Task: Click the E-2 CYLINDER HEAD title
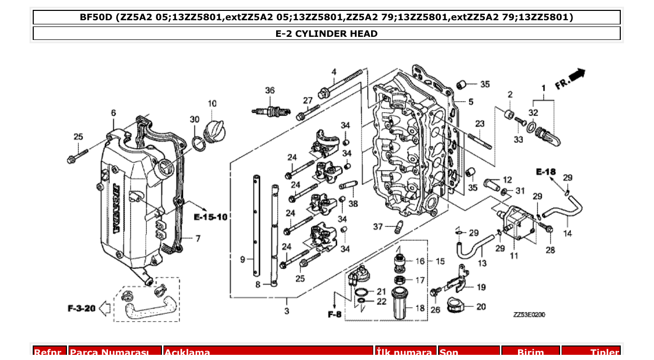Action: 326,34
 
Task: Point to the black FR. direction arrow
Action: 577,76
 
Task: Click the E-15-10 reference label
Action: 211,216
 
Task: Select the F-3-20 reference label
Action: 81,309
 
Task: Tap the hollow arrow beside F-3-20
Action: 104,309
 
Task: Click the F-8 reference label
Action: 335,314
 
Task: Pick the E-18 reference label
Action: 546,172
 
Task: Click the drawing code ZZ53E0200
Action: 529,314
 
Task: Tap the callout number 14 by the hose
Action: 567,233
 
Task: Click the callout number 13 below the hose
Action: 482,263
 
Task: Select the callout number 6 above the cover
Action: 113,113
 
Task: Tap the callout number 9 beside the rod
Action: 242,259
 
